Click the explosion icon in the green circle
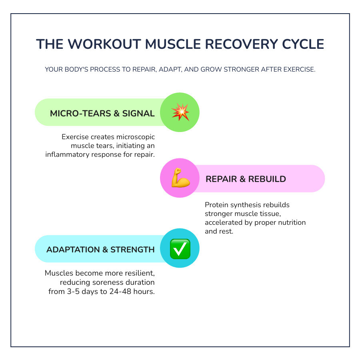(180, 112)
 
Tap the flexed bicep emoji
(180, 178)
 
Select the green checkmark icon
(180, 249)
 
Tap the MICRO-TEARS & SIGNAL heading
(102, 113)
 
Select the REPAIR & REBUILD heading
(246, 179)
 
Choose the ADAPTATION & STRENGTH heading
(100, 250)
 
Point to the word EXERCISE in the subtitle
(298, 70)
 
